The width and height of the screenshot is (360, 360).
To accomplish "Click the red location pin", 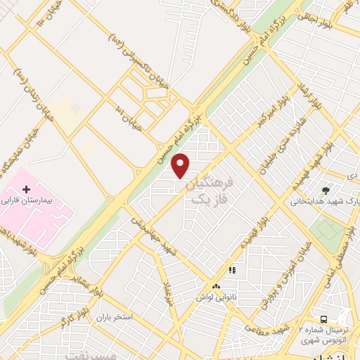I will click(181, 165).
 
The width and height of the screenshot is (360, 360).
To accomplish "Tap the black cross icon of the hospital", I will click(27, 190).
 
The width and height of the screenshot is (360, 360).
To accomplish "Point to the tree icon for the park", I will click(325, 190).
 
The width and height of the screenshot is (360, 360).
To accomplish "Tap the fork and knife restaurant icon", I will click(231, 270).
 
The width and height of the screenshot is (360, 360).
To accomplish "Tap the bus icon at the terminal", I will click(323, 319).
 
